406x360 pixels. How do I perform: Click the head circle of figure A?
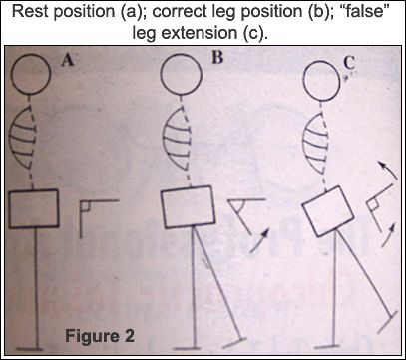point(31,93)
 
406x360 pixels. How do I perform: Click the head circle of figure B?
point(181,93)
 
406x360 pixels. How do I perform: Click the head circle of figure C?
point(322,99)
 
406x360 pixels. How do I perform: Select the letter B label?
point(216,58)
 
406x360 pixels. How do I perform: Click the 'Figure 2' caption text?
point(100,336)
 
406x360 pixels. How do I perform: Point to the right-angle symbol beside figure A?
point(81,219)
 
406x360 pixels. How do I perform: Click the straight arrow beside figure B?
point(259,241)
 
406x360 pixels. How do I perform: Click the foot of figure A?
point(29,349)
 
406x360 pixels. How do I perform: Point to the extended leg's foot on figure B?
point(234,342)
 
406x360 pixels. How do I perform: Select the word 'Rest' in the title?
point(29,13)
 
